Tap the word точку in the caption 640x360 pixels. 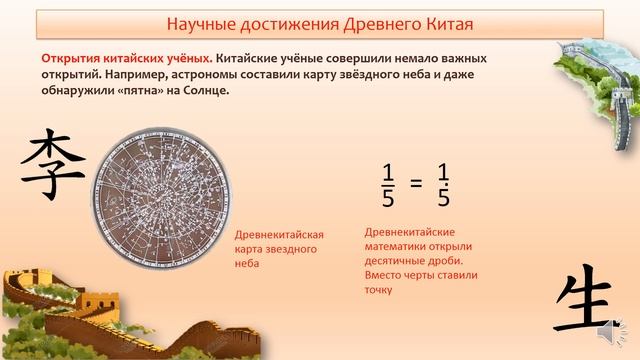coord(379,290)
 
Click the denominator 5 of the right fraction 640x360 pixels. coord(444,198)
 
